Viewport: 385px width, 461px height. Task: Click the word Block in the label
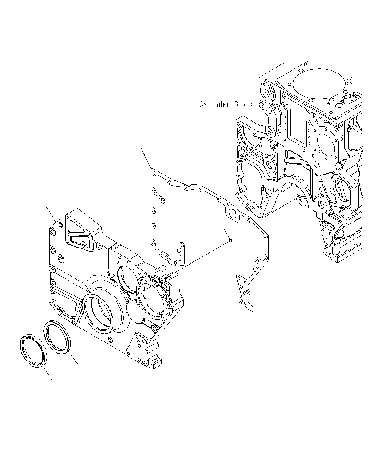tap(244, 104)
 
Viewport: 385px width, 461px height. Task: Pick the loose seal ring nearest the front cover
tap(57, 336)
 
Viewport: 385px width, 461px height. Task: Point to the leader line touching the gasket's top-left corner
tap(146, 158)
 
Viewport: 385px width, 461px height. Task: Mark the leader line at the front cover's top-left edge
tap(50, 213)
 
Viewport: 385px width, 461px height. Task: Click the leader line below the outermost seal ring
tap(47, 373)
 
